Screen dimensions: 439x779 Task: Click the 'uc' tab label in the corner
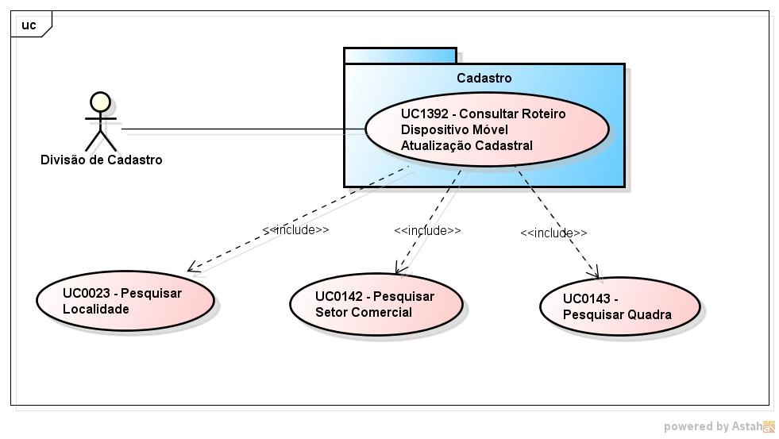click(29, 25)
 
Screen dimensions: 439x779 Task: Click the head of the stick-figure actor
click(100, 102)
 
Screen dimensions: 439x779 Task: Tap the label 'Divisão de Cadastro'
click(102, 160)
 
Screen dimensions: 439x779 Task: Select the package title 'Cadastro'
click(484, 78)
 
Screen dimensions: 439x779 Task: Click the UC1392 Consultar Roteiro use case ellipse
click(486, 129)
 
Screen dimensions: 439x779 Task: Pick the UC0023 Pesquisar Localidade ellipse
click(125, 300)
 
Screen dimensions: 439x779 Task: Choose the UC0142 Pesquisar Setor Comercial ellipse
click(376, 304)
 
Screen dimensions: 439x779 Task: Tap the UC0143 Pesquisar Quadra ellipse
click(619, 306)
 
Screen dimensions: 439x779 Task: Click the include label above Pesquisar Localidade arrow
click(295, 229)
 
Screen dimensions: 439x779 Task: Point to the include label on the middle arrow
click(427, 230)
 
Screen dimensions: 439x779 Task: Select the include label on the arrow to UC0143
click(553, 233)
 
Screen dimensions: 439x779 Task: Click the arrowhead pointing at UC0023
click(191, 268)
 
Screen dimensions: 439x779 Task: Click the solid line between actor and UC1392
click(238, 129)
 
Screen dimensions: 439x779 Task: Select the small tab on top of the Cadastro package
click(399, 56)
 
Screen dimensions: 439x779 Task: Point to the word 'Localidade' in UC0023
click(95, 309)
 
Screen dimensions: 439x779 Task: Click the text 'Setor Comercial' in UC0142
click(363, 312)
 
